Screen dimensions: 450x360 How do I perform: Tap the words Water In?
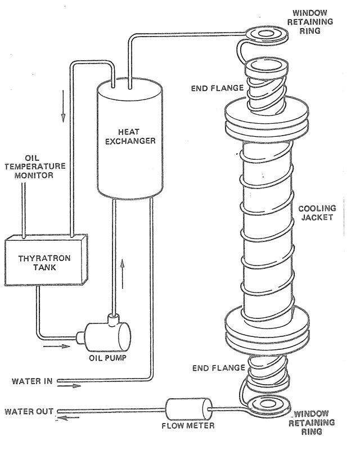pyautogui.click(x=31, y=381)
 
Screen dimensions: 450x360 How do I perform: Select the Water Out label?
pyautogui.click(x=28, y=411)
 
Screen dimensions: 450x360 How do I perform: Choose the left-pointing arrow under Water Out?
pyautogui.click(x=67, y=417)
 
